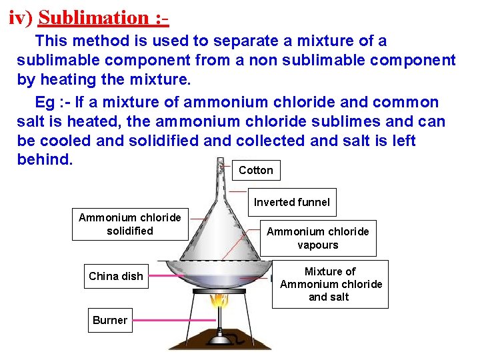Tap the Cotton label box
click(256, 170)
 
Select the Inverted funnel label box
click(291, 202)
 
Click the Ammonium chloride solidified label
click(129, 224)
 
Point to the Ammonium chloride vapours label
click(317, 238)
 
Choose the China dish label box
click(116, 276)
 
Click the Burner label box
click(110, 320)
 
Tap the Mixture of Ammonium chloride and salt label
click(331, 284)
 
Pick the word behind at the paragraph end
click(44, 160)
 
